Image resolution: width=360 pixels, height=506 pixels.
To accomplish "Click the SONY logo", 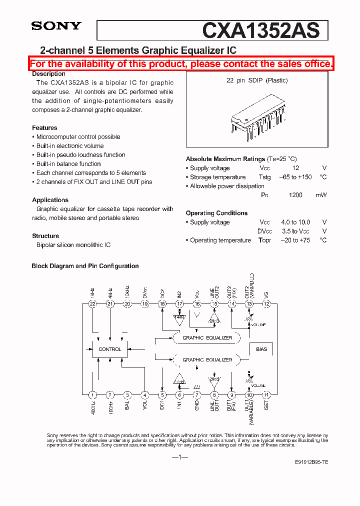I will point(56,26).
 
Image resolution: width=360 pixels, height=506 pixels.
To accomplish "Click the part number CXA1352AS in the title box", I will point(260,31).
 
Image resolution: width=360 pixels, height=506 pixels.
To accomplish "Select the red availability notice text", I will point(181,64).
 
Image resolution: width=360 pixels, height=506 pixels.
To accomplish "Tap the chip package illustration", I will point(257,115).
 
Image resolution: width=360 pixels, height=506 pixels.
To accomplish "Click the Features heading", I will point(44,128).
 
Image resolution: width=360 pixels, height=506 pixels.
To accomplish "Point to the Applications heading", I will point(50,200).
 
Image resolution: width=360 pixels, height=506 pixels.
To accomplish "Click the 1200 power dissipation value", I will point(295,195).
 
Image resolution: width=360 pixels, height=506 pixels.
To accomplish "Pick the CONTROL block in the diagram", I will point(109,349).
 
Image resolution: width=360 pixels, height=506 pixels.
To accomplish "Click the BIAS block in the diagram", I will point(261,349).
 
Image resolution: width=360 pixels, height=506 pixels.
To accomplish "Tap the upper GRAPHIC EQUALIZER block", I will point(207,338).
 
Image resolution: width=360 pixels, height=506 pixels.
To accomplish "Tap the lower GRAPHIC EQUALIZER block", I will point(207,359).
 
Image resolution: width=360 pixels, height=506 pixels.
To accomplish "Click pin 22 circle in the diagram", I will point(92,304).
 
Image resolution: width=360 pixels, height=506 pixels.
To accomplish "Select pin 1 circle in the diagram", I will point(92,394).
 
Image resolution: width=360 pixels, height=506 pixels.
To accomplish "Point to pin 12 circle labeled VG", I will point(266,304).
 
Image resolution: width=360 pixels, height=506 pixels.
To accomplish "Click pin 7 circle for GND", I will point(197,394).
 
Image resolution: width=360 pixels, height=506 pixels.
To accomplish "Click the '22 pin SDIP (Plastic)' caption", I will point(257,80).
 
